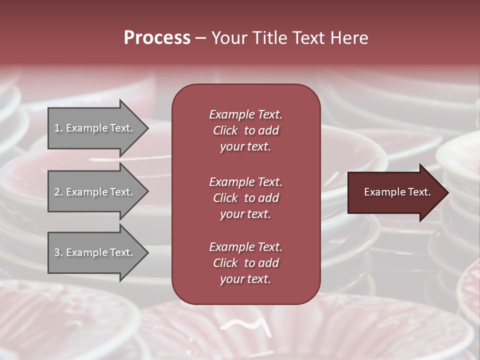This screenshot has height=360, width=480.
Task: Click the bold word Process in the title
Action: [x=157, y=38]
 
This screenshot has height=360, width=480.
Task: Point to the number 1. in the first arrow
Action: [x=58, y=128]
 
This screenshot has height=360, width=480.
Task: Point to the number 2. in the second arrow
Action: [x=58, y=192]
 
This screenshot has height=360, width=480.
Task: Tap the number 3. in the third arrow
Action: [x=58, y=252]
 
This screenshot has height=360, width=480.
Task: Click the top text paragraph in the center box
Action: [x=245, y=130]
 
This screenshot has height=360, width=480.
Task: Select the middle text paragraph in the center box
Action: [x=245, y=197]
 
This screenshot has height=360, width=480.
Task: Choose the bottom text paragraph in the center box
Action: [x=245, y=263]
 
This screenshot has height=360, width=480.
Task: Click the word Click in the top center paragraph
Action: [x=225, y=130]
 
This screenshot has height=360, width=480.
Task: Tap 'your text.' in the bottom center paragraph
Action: [x=245, y=279]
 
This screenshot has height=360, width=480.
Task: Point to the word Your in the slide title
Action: [x=229, y=38]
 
